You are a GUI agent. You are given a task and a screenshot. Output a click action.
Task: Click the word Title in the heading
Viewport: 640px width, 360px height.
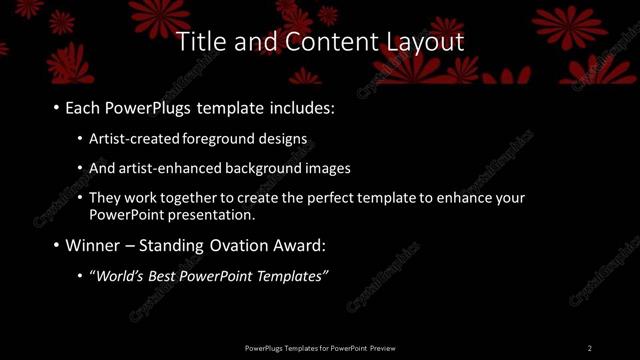pos(198,42)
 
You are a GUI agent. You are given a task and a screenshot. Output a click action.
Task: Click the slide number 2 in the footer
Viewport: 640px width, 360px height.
pos(589,348)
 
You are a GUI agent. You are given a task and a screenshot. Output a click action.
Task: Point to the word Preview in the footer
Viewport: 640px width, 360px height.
pos(382,348)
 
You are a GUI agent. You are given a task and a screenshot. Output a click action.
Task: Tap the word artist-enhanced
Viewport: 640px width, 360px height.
pos(165,168)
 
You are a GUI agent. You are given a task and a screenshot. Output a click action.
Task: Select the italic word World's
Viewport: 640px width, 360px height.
pos(119,275)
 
